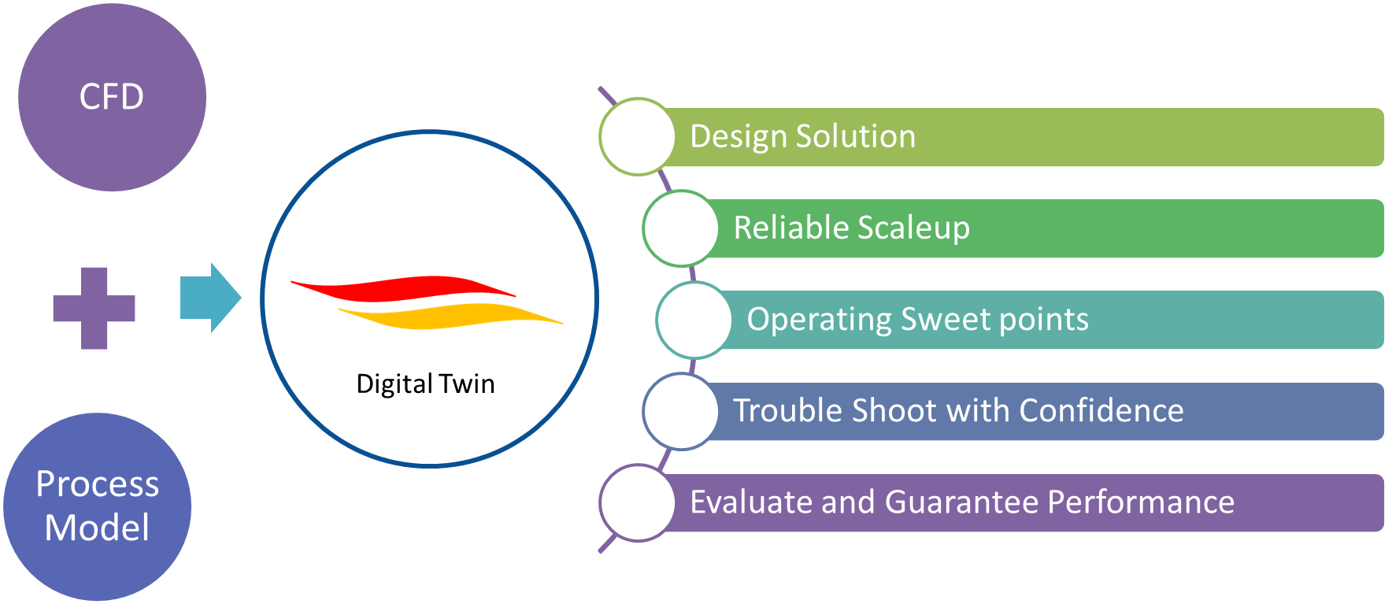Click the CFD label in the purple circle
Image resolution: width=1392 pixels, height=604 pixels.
coord(112,97)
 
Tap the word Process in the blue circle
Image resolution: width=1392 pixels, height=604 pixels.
coord(98,484)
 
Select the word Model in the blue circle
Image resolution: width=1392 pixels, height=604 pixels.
coord(97,527)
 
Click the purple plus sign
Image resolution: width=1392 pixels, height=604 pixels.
coord(94,308)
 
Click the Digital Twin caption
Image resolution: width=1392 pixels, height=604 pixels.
coord(426,384)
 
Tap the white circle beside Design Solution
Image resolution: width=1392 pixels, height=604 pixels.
coord(638,137)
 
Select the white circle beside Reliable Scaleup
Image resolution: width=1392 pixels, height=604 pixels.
coord(681,228)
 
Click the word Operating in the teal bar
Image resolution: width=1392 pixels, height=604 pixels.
coord(819,320)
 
